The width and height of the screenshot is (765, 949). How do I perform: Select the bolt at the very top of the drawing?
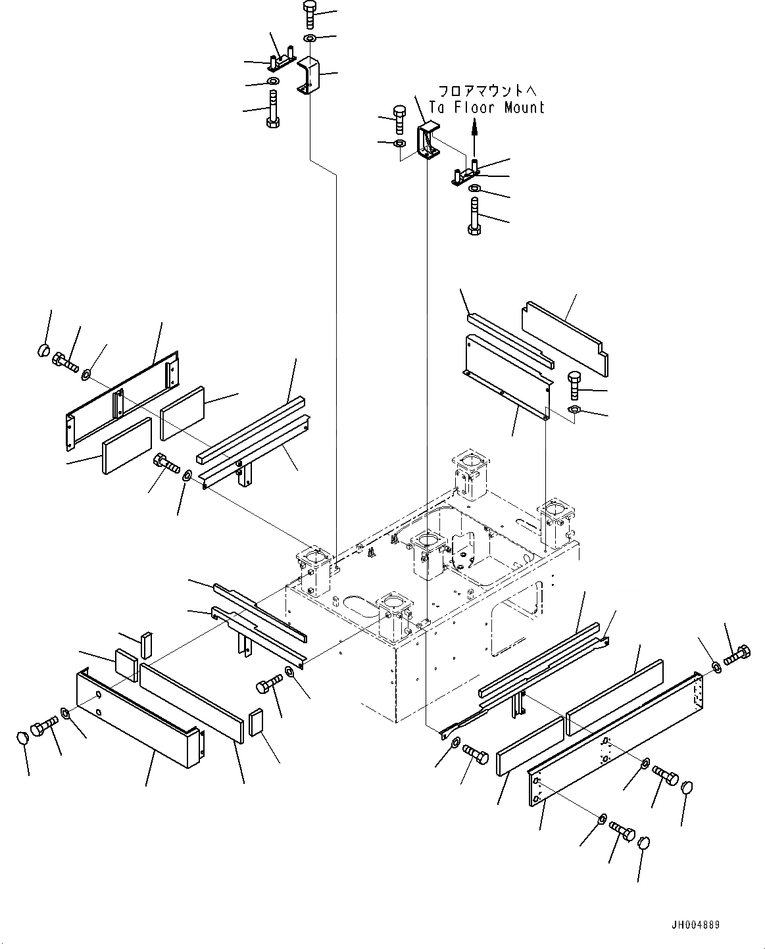click(309, 15)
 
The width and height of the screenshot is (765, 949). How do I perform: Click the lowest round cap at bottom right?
click(644, 844)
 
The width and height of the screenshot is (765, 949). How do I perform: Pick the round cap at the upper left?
click(43, 349)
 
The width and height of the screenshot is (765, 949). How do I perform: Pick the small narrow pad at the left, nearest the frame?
click(146, 645)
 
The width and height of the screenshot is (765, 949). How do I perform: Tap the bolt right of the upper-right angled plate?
click(573, 384)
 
